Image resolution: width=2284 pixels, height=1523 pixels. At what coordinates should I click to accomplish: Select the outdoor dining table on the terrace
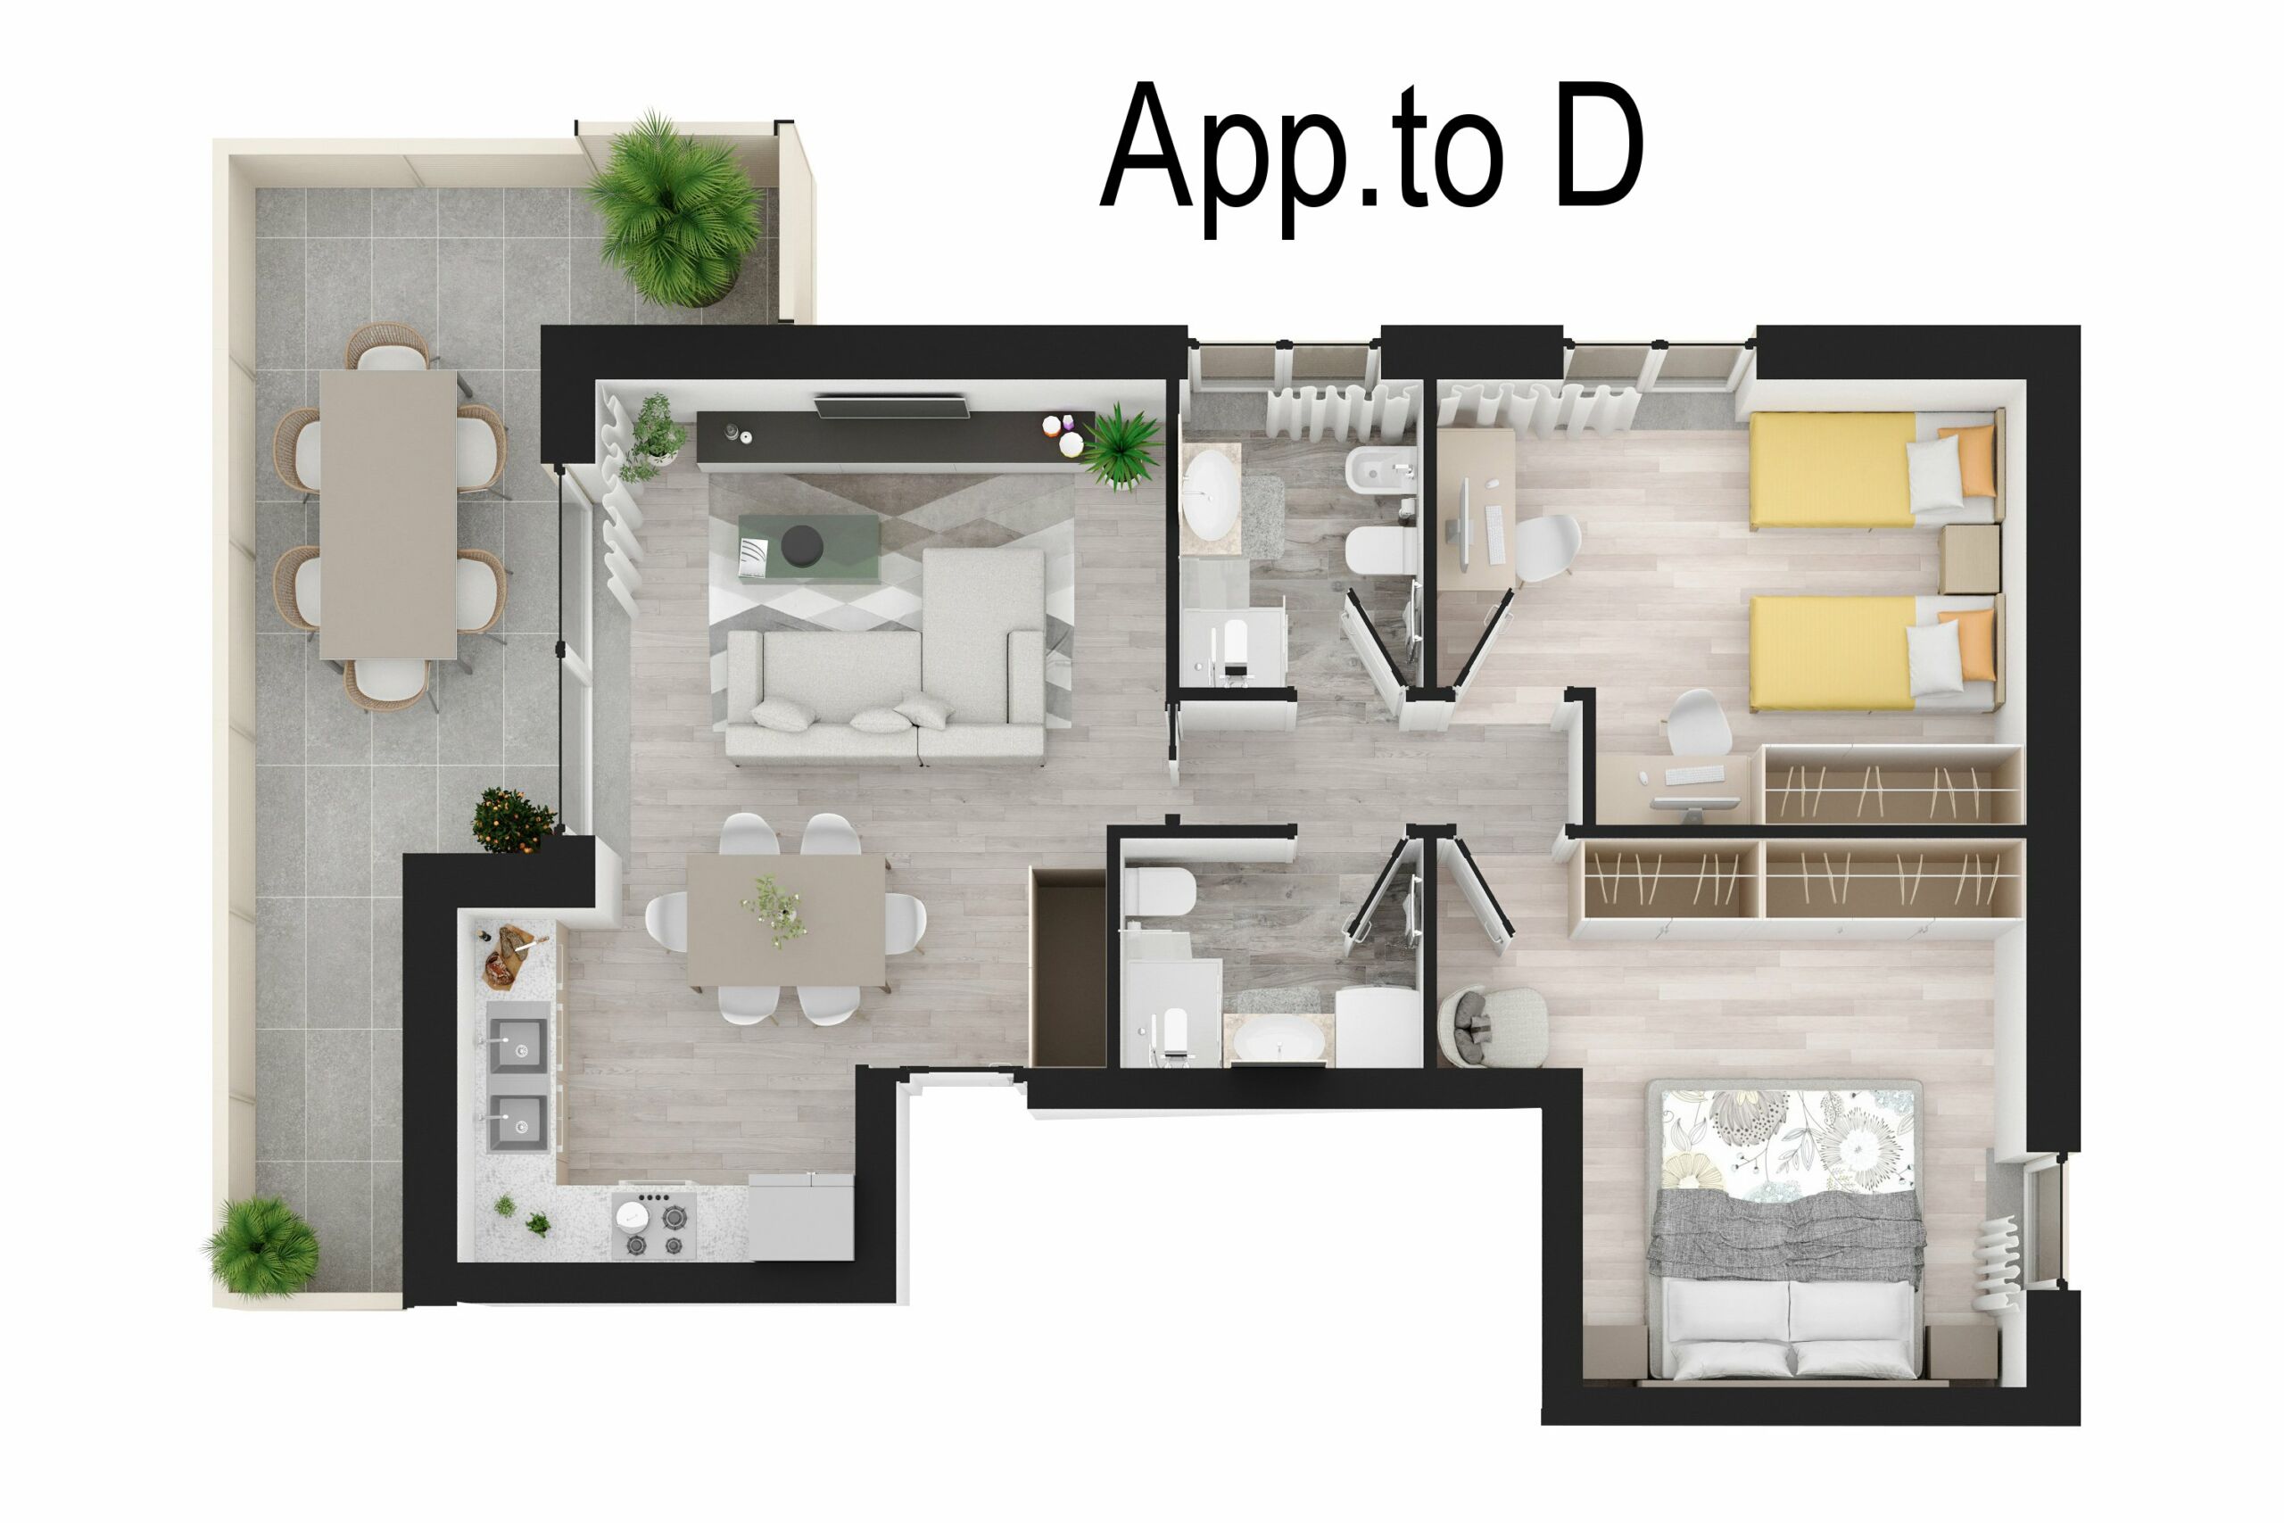tap(387, 515)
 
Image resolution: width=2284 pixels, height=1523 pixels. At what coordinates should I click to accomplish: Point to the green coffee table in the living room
tap(808, 547)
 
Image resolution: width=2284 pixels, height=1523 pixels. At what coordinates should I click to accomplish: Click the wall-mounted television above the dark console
tap(890, 406)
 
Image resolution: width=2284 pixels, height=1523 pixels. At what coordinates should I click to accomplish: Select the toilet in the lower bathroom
tap(1159, 891)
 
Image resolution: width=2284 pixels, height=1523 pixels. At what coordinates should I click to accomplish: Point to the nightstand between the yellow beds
tap(1968, 559)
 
